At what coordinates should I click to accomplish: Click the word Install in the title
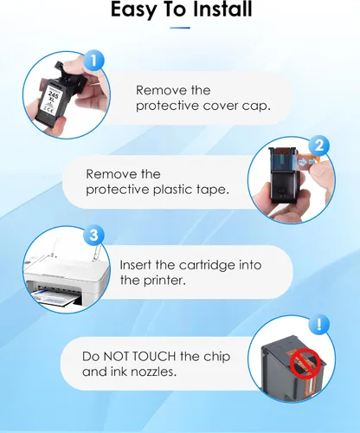[x=222, y=10]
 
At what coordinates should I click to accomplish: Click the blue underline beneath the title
[x=180, y=28]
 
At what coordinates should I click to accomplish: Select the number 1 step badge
[x=93, y=61]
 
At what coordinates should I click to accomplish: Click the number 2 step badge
[x=319, y=145]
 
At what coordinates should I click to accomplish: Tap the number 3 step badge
[x=93, y=236]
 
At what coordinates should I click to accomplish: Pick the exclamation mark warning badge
[x=319, y=325]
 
